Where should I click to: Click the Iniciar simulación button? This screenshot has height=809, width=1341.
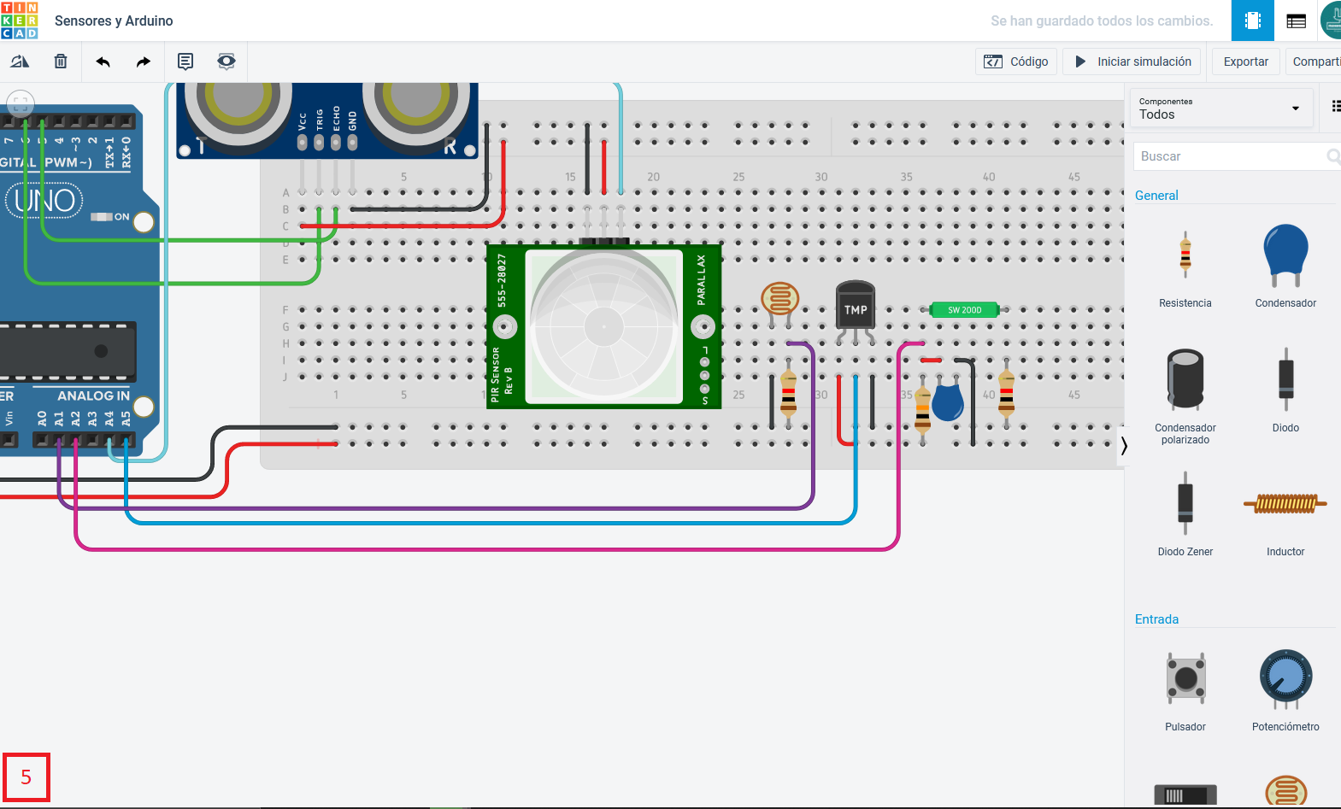(1132, 62)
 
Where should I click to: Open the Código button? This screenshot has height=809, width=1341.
(1016, 62)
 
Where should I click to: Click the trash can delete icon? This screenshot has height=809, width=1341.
(61, 62)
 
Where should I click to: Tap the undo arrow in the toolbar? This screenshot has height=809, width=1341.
(103, 62)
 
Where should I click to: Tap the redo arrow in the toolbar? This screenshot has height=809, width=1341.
(143, 62)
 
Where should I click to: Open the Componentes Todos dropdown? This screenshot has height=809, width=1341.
(1220, 108)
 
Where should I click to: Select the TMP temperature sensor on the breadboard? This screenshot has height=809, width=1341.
(855, 305)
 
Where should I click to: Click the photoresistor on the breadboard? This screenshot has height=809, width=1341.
(779, 300)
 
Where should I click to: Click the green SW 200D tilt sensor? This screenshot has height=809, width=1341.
(964, 310)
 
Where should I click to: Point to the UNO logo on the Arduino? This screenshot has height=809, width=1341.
(44, 201)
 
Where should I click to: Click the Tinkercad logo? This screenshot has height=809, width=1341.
(20, 21)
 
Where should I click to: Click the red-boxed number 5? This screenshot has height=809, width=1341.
(26, 777)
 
